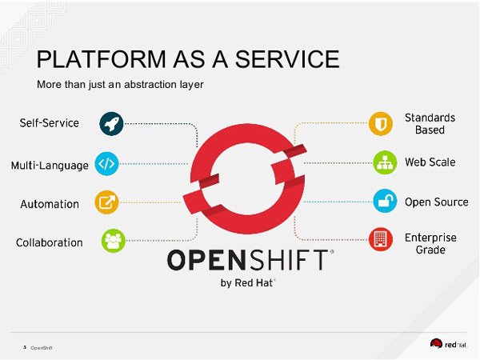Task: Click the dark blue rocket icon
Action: pos(111,123)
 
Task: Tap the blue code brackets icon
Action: pos(106,164)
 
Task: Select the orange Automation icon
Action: pos(106,202)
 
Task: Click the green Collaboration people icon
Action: pos(113,240)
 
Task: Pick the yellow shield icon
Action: pos(381,124)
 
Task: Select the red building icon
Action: pos(381,238)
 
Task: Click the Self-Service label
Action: pos(50,123)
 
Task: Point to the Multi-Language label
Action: pos(50,166)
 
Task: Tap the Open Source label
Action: pos(436,202)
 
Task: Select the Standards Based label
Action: pos(430,124)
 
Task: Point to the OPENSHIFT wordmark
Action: pos(248,262)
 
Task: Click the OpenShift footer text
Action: pos(42,348)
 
